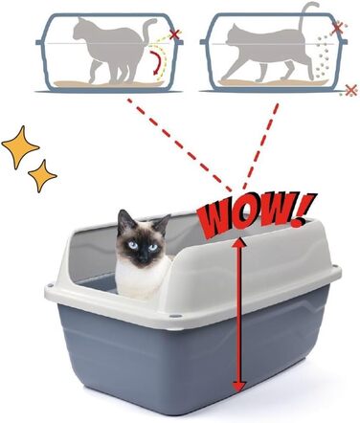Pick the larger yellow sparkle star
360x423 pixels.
point(20,145)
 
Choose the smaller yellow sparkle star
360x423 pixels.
point(42,176)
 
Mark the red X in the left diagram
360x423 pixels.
point(174,35)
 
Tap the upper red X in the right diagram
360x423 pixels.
point(336,30)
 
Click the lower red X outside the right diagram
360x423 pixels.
point(350,90)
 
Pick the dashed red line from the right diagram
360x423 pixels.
point(261,144)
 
